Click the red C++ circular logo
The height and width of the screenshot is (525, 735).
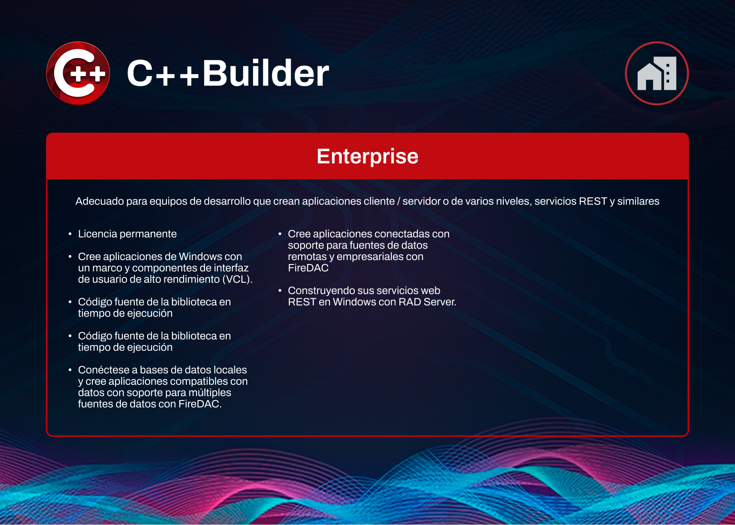point(78,73)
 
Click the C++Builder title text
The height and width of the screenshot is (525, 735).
point(228,73)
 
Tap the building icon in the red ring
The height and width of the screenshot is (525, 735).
point(657,73)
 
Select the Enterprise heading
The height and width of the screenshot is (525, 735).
point(367,156)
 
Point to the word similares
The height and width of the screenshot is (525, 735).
point(638,201)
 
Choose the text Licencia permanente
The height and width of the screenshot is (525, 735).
point(127,234)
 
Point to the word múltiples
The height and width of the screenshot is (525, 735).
point(210,393)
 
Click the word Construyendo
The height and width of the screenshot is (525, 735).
point(320,291)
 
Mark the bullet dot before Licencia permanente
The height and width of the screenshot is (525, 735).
point(70,234)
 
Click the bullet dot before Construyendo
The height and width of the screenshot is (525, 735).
point(280,291)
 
